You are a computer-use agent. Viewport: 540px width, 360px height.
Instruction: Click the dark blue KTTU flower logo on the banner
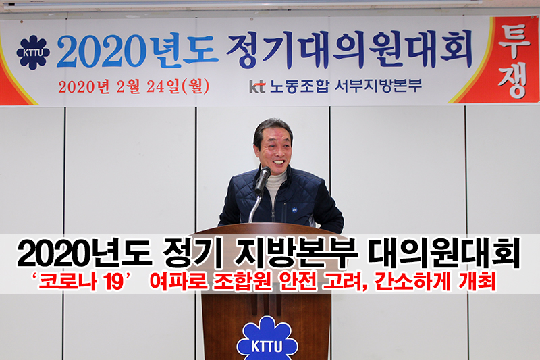[33, 53]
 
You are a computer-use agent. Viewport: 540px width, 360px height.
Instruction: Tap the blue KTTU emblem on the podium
[267, 339]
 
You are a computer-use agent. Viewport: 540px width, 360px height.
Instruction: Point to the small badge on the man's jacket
[295, 209]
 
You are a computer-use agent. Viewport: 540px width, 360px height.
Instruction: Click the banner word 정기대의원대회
[349, 49]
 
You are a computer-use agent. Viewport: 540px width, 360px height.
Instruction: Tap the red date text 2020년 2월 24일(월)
[134, 86]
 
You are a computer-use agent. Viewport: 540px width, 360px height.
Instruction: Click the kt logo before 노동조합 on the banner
[257, 87]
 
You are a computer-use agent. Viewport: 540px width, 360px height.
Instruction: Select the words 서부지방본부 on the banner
[379, 85]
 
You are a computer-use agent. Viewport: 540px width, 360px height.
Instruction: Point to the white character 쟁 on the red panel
[513, 81]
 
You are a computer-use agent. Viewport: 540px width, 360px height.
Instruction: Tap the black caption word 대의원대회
[444, 254]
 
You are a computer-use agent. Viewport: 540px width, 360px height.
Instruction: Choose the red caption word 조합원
[242, 282]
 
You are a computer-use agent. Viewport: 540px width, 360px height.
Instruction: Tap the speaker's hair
[272, 129]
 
